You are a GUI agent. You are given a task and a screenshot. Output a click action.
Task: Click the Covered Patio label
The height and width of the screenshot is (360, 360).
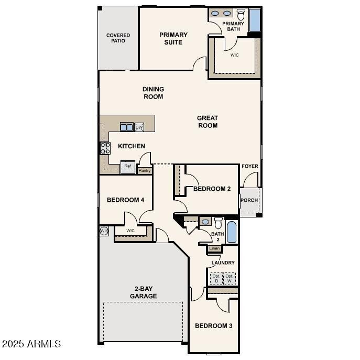coord(118,38)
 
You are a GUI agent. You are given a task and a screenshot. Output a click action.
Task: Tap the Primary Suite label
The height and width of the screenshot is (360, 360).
coord(173,38)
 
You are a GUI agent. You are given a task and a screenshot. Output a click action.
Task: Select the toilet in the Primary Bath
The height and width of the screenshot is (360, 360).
coord(241,14)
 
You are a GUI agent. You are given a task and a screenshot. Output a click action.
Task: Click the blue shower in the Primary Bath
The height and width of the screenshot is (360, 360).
coord(255,20)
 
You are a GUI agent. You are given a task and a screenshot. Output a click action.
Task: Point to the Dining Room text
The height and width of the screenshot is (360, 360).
coord(153,93)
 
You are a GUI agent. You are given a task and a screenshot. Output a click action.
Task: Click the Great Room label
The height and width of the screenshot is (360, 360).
coord(208,122)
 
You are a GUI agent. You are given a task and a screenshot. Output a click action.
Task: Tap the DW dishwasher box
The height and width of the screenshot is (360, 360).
coord(139,127)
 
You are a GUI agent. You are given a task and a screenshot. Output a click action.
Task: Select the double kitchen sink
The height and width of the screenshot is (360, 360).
coord(127,127)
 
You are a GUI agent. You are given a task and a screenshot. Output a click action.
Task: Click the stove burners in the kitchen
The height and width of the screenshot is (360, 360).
coord(105,148)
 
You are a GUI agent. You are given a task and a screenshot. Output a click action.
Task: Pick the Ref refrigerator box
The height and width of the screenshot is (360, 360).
coord(128,167)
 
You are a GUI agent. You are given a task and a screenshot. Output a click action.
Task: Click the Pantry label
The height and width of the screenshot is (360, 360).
coord(145,170)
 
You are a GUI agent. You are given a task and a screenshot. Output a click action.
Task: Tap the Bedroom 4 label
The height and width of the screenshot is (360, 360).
coord(125,200)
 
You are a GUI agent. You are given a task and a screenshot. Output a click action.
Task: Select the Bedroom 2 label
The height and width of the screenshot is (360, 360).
coord(212,189)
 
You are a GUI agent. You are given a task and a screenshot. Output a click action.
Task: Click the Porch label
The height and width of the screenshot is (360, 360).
coord(249,200)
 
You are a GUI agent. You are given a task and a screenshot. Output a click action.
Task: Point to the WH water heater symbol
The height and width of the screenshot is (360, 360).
coord(104,231)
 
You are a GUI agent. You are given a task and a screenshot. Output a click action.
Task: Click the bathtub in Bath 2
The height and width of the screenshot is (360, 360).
coord(231,232)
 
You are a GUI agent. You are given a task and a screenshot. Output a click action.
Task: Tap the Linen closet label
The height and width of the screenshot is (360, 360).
coord(214,248)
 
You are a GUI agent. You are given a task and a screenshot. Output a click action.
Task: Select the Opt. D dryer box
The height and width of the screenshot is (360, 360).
coord(216,278)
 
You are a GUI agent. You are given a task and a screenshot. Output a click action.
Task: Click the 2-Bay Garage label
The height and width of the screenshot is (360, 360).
coord(144,292)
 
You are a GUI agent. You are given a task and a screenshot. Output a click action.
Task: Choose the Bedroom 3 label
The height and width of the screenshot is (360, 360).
coord(213,326)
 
